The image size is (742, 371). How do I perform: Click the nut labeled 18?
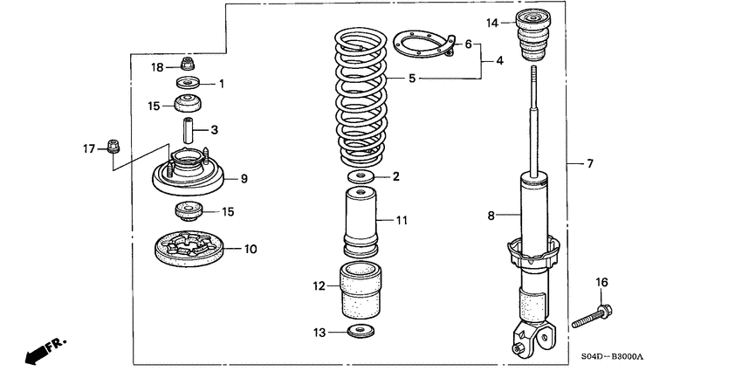187,64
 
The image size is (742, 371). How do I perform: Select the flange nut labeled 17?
112,145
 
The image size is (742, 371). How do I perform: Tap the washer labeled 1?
188,84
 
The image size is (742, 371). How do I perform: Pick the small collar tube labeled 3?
187,131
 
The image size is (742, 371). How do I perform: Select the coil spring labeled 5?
361,96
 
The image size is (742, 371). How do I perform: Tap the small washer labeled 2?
360,177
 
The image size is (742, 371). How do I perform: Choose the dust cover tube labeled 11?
360,223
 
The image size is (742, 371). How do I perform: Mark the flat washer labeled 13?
359,331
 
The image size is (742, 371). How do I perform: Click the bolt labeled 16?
594,315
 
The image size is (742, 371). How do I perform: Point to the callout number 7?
590,163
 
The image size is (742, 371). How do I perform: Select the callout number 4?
499,61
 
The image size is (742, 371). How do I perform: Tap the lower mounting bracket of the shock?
532,336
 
